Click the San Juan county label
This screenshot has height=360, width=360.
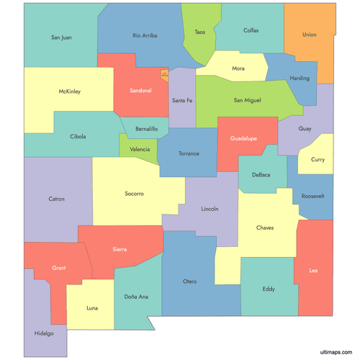[61, 37]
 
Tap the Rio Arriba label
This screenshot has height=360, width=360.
[145, 35]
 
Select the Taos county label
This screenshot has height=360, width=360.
[199, 32]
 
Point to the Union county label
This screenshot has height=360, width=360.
[309, 35]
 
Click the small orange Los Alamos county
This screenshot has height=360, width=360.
[164, 74]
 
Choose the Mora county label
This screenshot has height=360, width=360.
[238, 68]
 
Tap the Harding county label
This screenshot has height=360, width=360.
[300, 78]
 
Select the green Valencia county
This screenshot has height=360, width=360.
[140, 149]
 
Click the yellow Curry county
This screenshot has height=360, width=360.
[317, 160]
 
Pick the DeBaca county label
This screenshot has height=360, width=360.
[261, 175]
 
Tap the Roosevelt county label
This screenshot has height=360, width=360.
[313, 196]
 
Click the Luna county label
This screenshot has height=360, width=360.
[92, 308]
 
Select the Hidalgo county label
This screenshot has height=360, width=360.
[43, 334]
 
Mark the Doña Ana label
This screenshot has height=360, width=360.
[135, 297]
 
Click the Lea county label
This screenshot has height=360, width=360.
[313, 270]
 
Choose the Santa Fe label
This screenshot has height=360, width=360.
[181, 100]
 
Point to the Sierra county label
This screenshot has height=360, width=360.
[120, 249]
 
